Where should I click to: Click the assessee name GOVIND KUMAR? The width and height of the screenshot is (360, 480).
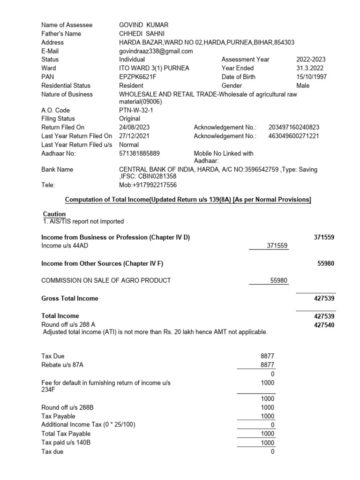pyautogui.click(x=143, y=25)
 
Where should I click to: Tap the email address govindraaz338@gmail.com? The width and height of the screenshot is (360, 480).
pyautogui.click(x=156, y=51)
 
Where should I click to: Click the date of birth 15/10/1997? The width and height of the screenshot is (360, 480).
pyautogui.click(x=312, y=77)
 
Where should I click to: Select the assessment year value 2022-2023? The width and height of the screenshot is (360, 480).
pyautogui.click(x=311, y=60)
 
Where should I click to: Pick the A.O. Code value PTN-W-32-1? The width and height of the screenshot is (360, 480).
pyautogui.click(x=136, y=110)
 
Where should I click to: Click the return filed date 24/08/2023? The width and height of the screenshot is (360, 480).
pyautogui.click(x=135, y=127)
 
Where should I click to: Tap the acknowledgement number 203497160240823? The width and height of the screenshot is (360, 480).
pyautogui.click(x=294, y=127)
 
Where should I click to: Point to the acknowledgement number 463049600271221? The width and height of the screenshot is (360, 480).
pyautogui.click(x=294, y=136)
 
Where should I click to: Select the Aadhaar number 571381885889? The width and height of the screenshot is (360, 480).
pyautogui.click(x=139, y=153)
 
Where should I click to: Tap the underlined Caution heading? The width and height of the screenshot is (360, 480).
pyautogui.click(x=54, y=214)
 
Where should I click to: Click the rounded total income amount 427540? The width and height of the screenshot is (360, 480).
pyautogui.click(x=324, y=325)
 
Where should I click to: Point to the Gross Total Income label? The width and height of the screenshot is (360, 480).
pyautogui.click(x=70, y=298)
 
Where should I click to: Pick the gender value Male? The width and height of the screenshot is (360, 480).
pyautogui.click(x=303, y=86)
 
